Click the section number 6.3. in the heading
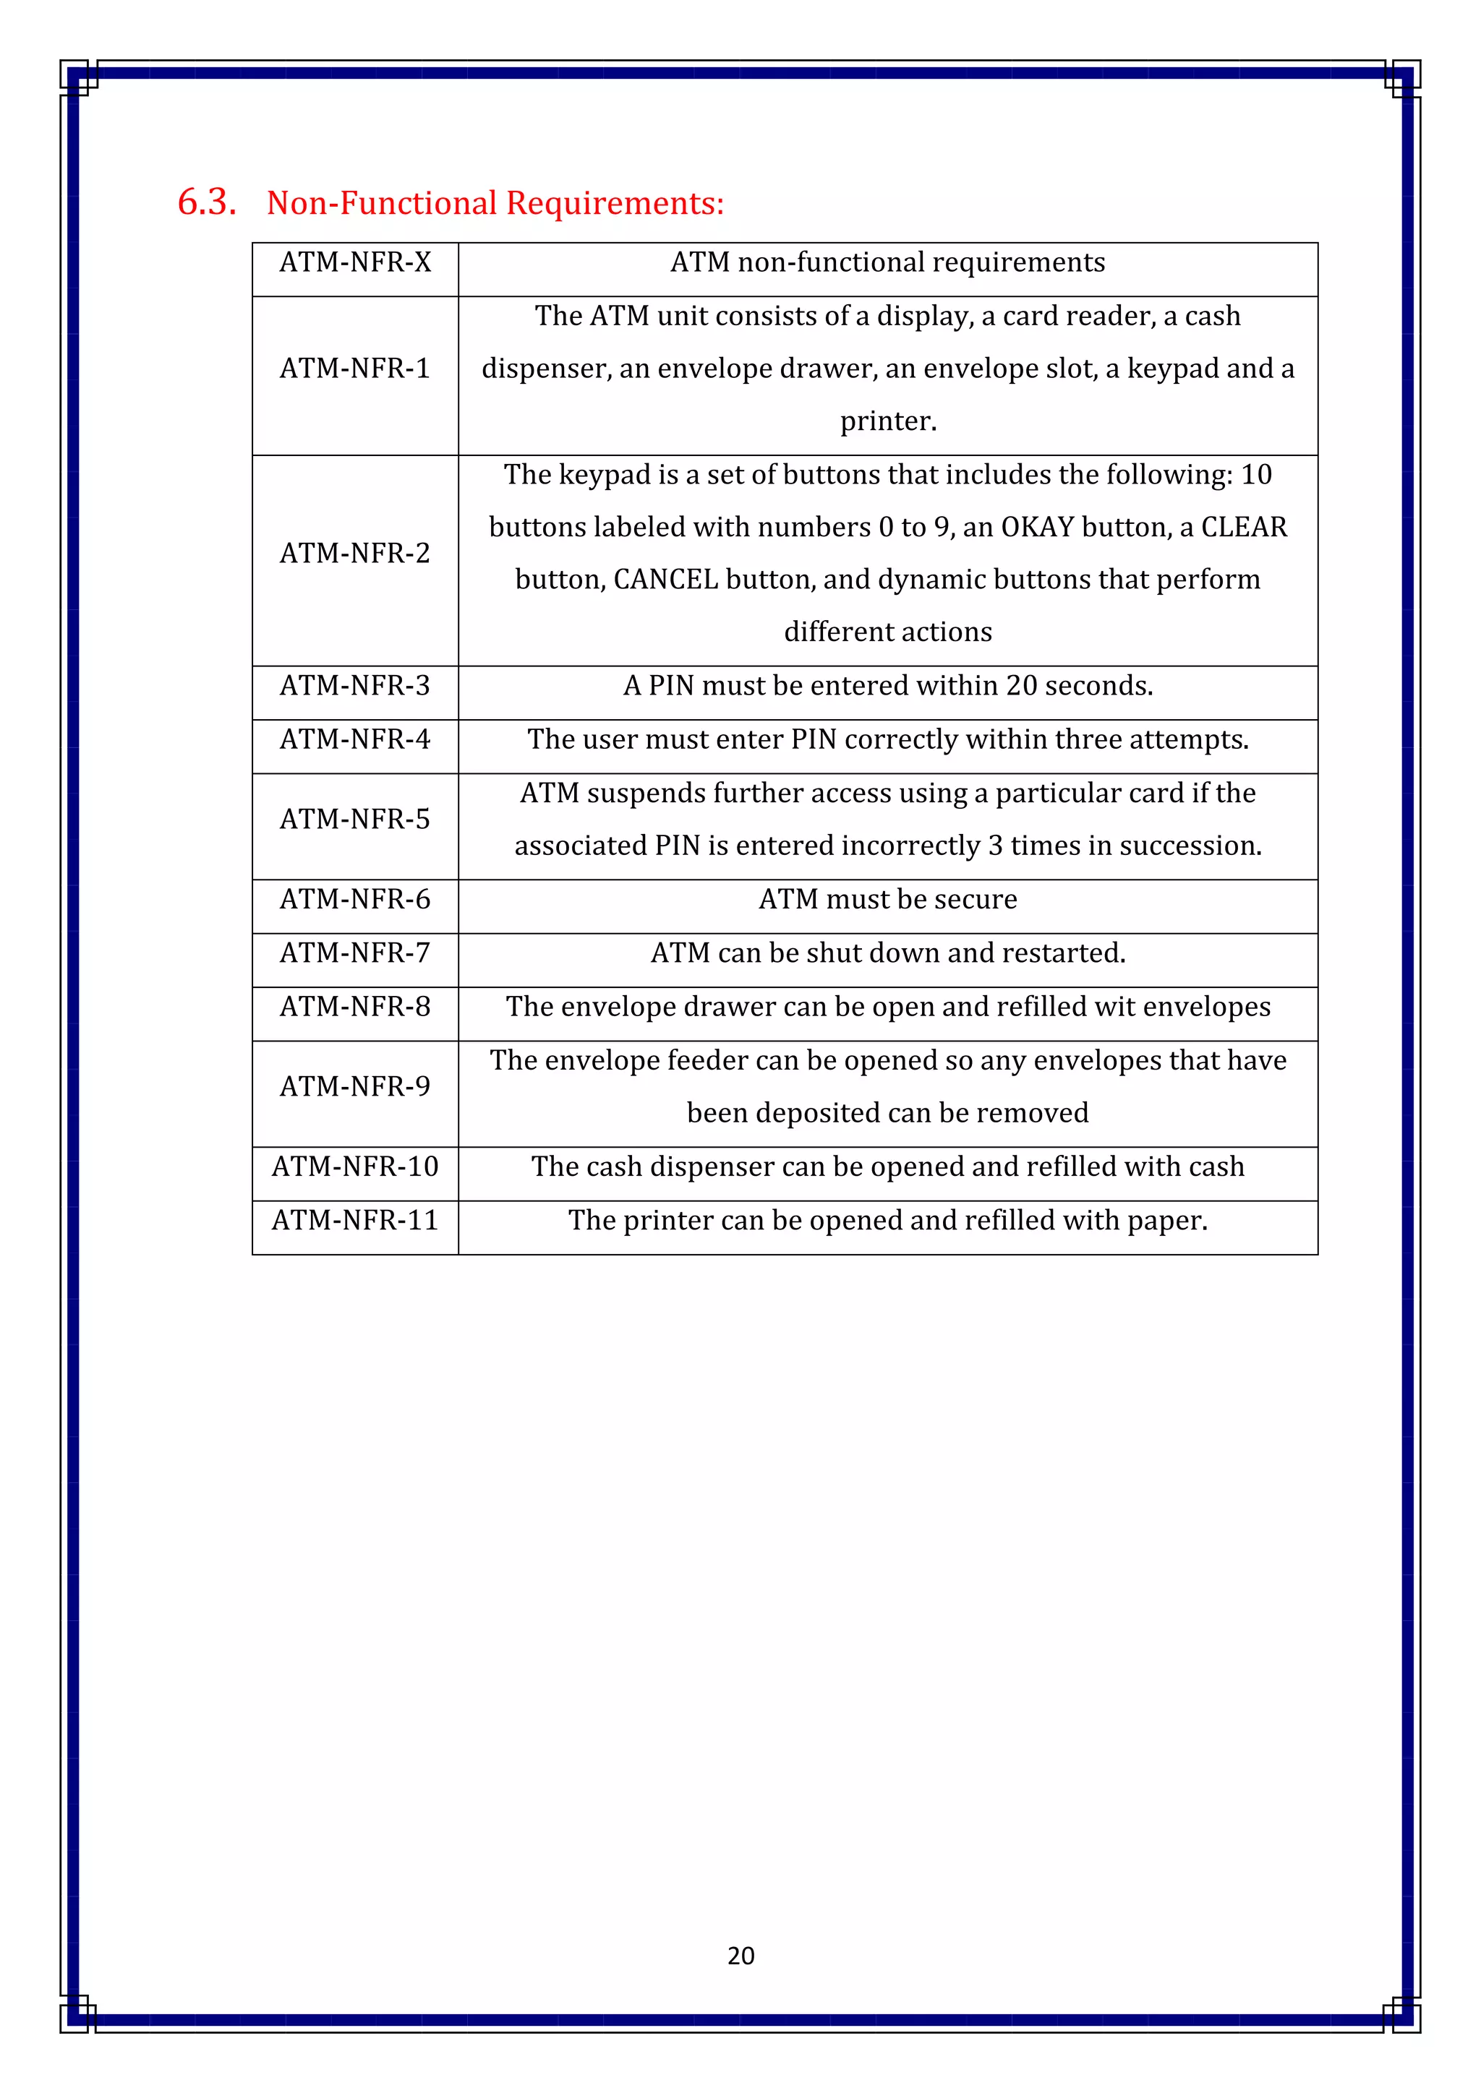pos(206,202)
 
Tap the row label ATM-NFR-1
pos(355,369)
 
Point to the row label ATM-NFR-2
pos(355,554)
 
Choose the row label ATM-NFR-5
pos(355,820)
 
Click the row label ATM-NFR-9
pos(355,1086)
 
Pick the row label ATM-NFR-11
pos(355,1221)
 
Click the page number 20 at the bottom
pos(740,1956)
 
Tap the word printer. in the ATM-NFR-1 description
pos(888,421)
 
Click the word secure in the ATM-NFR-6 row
pos(975,900)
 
